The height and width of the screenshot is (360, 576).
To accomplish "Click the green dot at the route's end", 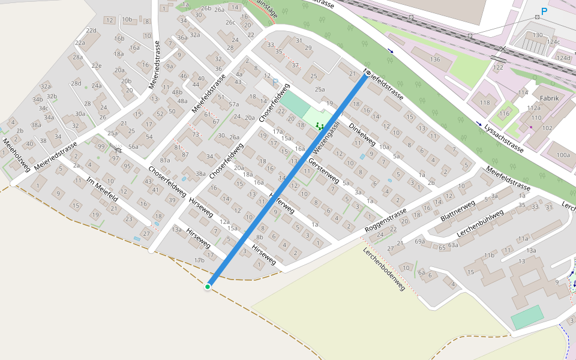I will pos(208,287).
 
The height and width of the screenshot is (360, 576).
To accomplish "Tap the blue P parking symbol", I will pos(544,11).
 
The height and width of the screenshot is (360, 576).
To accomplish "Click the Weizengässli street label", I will pos(326,135).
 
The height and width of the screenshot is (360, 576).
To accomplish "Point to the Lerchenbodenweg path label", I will pos(384,269).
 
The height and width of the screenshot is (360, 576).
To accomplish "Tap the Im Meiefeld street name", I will pos(102,190).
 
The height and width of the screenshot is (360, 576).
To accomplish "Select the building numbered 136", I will pos(435,59).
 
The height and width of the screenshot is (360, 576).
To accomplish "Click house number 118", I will pos(485,103).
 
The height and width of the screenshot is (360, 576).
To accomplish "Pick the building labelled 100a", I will pos(563,155).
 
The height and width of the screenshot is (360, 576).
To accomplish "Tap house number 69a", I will pos(420,241).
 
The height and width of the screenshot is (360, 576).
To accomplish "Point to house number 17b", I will pos(199,260).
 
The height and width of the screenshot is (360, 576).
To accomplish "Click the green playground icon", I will pos(320,126).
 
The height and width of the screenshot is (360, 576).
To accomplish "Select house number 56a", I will pos(133,146).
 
